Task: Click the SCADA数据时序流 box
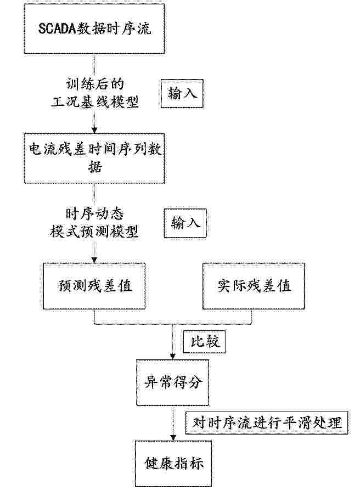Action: coord(94,29)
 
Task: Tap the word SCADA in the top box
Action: coord(58,29)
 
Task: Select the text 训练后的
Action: coord(94,84)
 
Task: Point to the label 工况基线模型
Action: coord(94,102)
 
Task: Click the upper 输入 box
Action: coord(182,94)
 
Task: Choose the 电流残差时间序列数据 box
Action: coord(94,158)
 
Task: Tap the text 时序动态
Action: coord(94,214)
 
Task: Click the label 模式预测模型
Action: coord(94,232)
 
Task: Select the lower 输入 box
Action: coord(185,223)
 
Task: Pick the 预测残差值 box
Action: coord(94,286)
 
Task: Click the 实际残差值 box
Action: coord(254,286)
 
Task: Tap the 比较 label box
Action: coord(204,342)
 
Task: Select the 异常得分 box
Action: coord(173,382)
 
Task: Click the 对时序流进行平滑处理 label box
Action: coord(267,422)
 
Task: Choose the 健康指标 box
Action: coord(173,464)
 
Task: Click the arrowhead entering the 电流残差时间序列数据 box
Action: coord(94,131)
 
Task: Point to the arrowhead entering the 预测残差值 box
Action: coord(94,260)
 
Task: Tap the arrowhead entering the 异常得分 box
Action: coord(173,357)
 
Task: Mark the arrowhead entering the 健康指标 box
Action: coord(173,438)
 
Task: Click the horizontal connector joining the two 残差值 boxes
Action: coord(173,324)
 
